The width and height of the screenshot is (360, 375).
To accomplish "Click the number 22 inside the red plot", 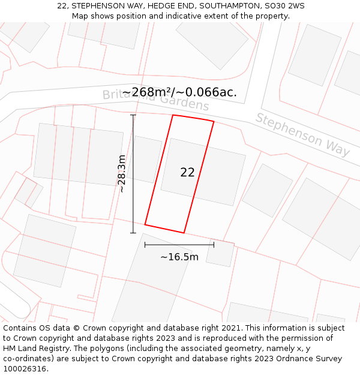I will coord(187,172).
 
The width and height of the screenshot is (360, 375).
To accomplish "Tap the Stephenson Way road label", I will coord(303,134).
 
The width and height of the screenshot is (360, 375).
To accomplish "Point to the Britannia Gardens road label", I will coord(155,100).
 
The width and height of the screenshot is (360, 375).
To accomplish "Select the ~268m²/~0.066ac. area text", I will coord(179,92).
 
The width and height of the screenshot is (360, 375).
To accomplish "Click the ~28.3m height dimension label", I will coord(122,173).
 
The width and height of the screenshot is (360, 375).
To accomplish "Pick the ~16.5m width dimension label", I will coord(179,257).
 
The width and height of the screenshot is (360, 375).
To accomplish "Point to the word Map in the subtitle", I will coord(80,16).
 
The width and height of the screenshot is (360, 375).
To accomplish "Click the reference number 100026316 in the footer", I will coord(25,369).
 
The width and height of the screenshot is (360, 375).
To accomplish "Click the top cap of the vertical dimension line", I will coord(133,115).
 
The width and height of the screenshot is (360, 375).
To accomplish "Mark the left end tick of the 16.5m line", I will coord(145,245).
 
